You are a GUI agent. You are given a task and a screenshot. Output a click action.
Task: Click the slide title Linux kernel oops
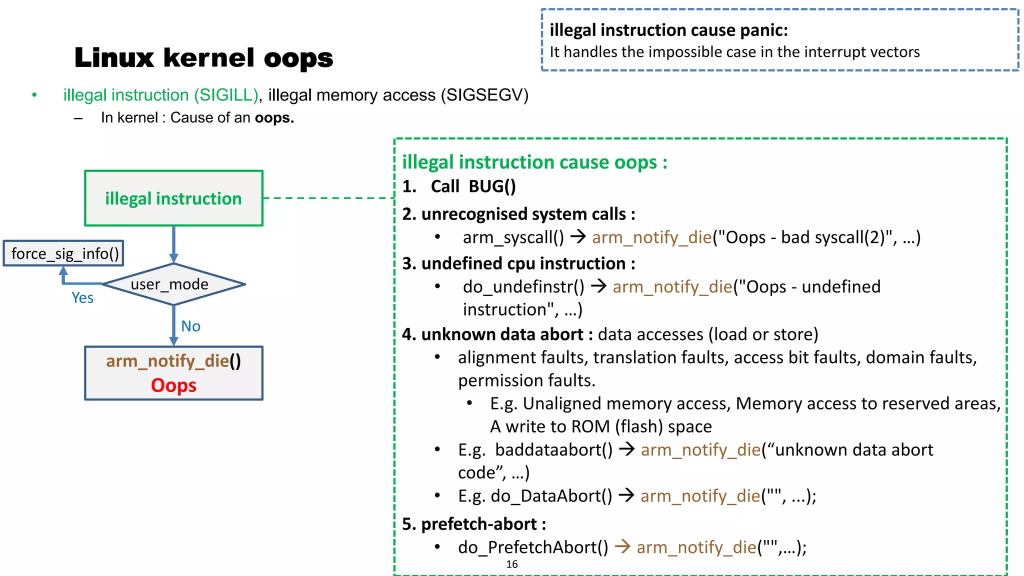[x=203, y=57]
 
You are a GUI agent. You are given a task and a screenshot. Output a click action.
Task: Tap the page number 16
[x=511, y=564]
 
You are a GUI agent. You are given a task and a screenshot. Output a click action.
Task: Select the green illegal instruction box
[x=173, y=198]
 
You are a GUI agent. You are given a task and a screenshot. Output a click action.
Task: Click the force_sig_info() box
[x=63, y=253]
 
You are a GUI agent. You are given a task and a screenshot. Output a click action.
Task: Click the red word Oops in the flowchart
[x=173, y=385]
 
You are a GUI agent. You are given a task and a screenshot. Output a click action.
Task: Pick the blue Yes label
[x=82, y=298]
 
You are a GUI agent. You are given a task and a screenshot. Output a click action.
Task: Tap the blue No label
[x=190, y=326]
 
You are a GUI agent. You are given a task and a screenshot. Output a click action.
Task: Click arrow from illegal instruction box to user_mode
[x=173, y=244]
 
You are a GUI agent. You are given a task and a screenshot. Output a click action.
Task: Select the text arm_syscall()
[x=513, y=237]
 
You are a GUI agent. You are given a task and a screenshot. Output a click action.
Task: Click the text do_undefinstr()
[x=523, y=287]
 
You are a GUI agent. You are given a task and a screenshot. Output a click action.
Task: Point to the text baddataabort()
[x=553, y=450]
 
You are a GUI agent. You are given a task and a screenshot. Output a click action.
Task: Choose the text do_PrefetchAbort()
[x=533, y=547]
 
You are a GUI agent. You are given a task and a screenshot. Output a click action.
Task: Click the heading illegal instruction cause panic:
[x=668, y=30]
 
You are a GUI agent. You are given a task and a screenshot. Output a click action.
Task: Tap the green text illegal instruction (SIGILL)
[x=160, y=95]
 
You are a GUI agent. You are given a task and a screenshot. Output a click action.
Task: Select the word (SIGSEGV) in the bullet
[x=484, y=95]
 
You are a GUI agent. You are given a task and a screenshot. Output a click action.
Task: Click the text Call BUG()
[x=473, y=186]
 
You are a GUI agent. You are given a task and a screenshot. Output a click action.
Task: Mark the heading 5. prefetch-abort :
[x=474, y=524]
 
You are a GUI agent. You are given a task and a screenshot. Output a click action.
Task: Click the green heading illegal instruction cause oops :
[x=534, y=162]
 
